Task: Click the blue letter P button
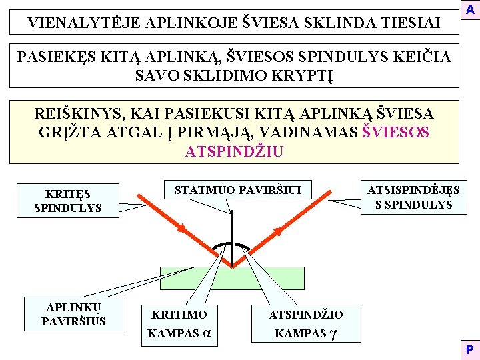[x=471, y=350]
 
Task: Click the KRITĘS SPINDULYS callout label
[x=67, y=201]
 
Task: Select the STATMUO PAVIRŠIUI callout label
[x=238, y=191]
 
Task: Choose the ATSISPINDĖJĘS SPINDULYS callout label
[x=413, y=197]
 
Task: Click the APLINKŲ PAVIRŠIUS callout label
[x=73, y=314]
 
